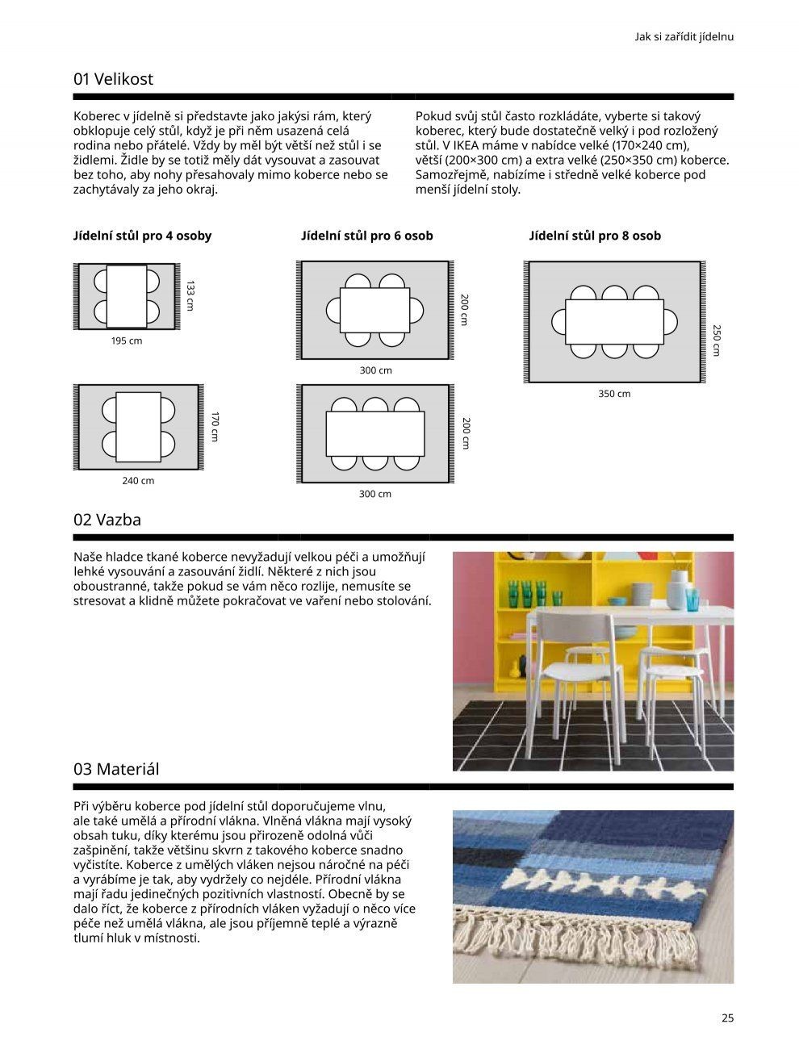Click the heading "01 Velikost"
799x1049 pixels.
click(113, 79)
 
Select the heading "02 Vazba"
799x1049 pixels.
click(107, 520)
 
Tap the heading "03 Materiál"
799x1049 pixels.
click(116, 769)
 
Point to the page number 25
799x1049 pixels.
click(727, 1018)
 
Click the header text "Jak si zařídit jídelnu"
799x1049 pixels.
click(684, 36)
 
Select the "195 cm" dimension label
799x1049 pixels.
click(127, 341)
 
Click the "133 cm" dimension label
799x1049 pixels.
click(190, 296)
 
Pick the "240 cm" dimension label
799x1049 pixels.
click(138, 481)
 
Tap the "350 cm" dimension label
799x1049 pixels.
click(614, 394)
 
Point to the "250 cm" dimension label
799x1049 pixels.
click(716, 341)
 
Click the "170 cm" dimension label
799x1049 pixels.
click(215, 427)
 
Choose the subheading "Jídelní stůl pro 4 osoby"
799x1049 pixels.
click(142, 236)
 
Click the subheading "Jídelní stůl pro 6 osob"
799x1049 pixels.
click(367, 236)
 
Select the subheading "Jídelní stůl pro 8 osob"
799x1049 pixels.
click(595, 236)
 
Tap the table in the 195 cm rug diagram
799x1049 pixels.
click(127, 296)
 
